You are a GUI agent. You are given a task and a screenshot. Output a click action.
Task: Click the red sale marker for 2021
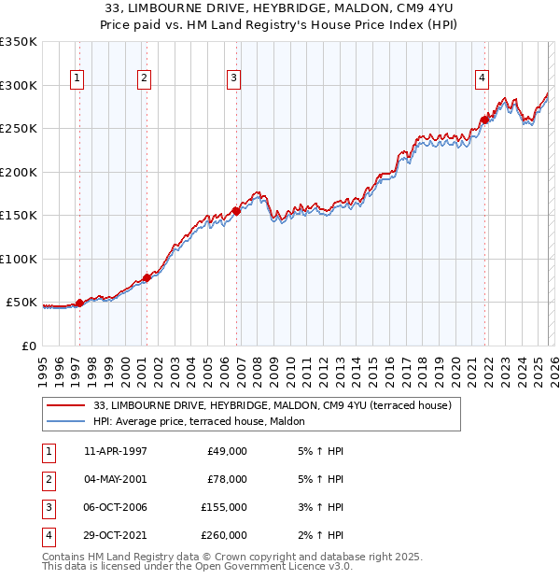pyautogui.click(x=485, y=120)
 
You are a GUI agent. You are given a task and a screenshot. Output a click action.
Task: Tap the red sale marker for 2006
pyautogui.click(x=236, y=211)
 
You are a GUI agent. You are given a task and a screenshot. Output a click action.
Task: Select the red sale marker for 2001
pyautogui.click(x=147, y=278)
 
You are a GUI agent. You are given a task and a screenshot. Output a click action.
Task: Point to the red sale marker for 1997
pyautogui.click(x=79, y=303)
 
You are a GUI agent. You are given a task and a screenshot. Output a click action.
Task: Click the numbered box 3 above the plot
pyautogui.click(x=233, y=78)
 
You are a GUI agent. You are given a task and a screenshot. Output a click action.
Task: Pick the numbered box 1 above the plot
pyautogui.click(x=76, y=78)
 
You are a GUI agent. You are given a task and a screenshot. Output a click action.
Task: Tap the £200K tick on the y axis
pyautogui.click(x=19, y=172)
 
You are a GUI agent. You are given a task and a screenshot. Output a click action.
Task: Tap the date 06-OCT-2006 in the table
pyautogui.click(x=115, y=507)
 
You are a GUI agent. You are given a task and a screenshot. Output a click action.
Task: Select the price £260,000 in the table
pyautogui.click(x=224, y=535)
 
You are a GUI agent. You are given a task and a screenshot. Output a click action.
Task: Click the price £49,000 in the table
pyautogui.click(x=227, y=451)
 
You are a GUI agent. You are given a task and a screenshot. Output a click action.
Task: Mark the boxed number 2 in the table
pyautogui.click(x=48, y=479)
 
